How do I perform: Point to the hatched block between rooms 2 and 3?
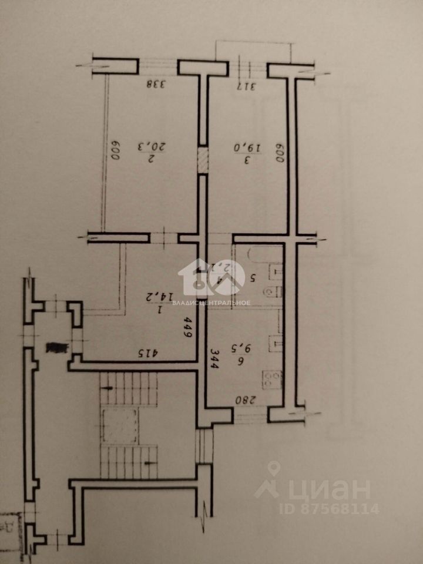(202, 161)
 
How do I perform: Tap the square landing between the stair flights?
(120, 426)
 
